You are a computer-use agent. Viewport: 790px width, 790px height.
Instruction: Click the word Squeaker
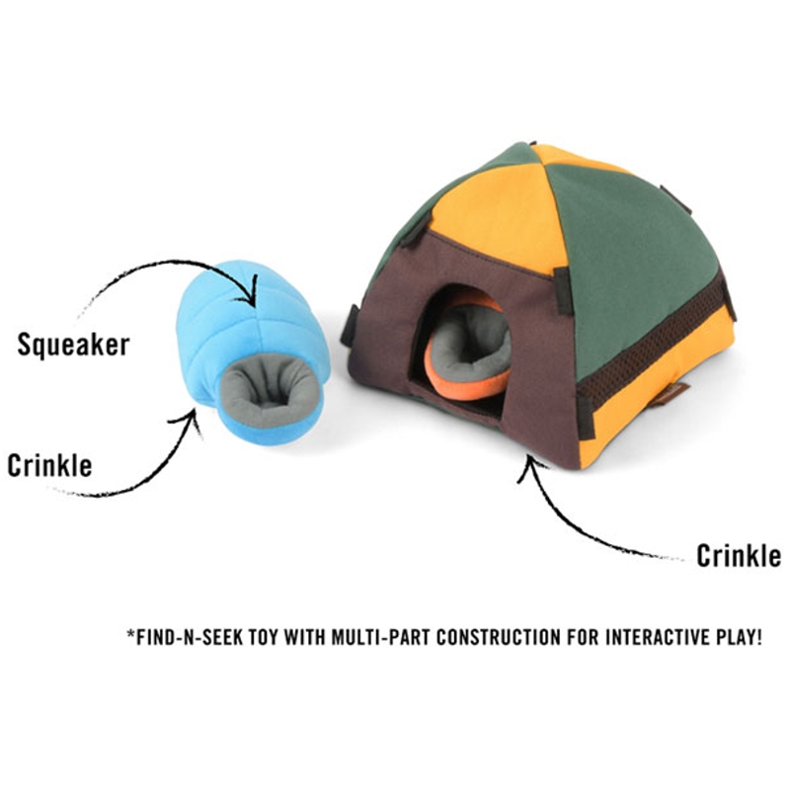(x=73, y=345)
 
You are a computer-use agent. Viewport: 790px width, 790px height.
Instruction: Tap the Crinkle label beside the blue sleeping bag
(x=50, y=465)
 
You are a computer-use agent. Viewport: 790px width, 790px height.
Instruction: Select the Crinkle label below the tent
(x=739, y=556)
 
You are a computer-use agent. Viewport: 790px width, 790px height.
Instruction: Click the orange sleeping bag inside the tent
(x=466, y=348)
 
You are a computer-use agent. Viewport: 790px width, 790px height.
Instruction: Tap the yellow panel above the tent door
(x=499, y=216)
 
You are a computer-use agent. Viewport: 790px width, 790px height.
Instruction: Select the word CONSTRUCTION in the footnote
(x=499, y=637)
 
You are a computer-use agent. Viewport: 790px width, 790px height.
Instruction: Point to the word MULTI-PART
(x=380, y=637)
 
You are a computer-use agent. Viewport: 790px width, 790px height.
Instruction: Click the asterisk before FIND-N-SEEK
(x=131, y=633)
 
